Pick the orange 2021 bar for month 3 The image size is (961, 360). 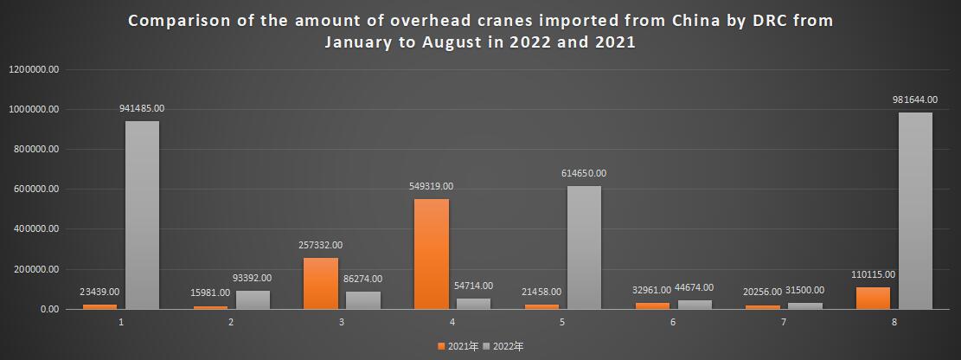[x=321, y=283]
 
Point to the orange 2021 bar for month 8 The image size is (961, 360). [x=874, y=298]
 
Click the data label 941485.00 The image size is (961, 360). [x=142, y=109]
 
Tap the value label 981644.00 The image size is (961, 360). [x=914, y=100]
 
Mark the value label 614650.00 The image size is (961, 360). [x=584, y=174]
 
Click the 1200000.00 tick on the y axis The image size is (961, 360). [x=35, y=70]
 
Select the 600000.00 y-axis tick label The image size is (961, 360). [x=37, y=190]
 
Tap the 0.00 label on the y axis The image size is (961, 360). [x=48, y=309]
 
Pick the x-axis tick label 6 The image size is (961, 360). [x=673, y=322]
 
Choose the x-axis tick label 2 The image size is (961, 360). [x=231, y=322]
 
